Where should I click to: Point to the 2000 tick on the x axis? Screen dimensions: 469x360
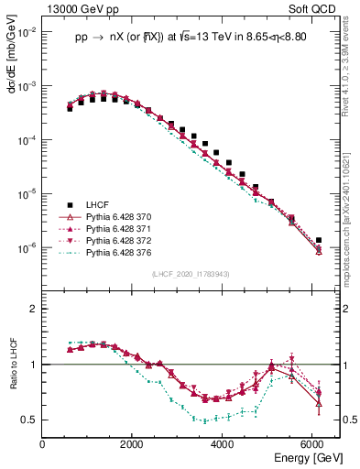click(133, 444)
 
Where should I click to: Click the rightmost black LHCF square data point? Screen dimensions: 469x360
click(319, 240)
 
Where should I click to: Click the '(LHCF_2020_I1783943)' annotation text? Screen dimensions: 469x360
click(191, 274)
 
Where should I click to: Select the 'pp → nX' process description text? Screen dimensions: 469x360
click(191, 38)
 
